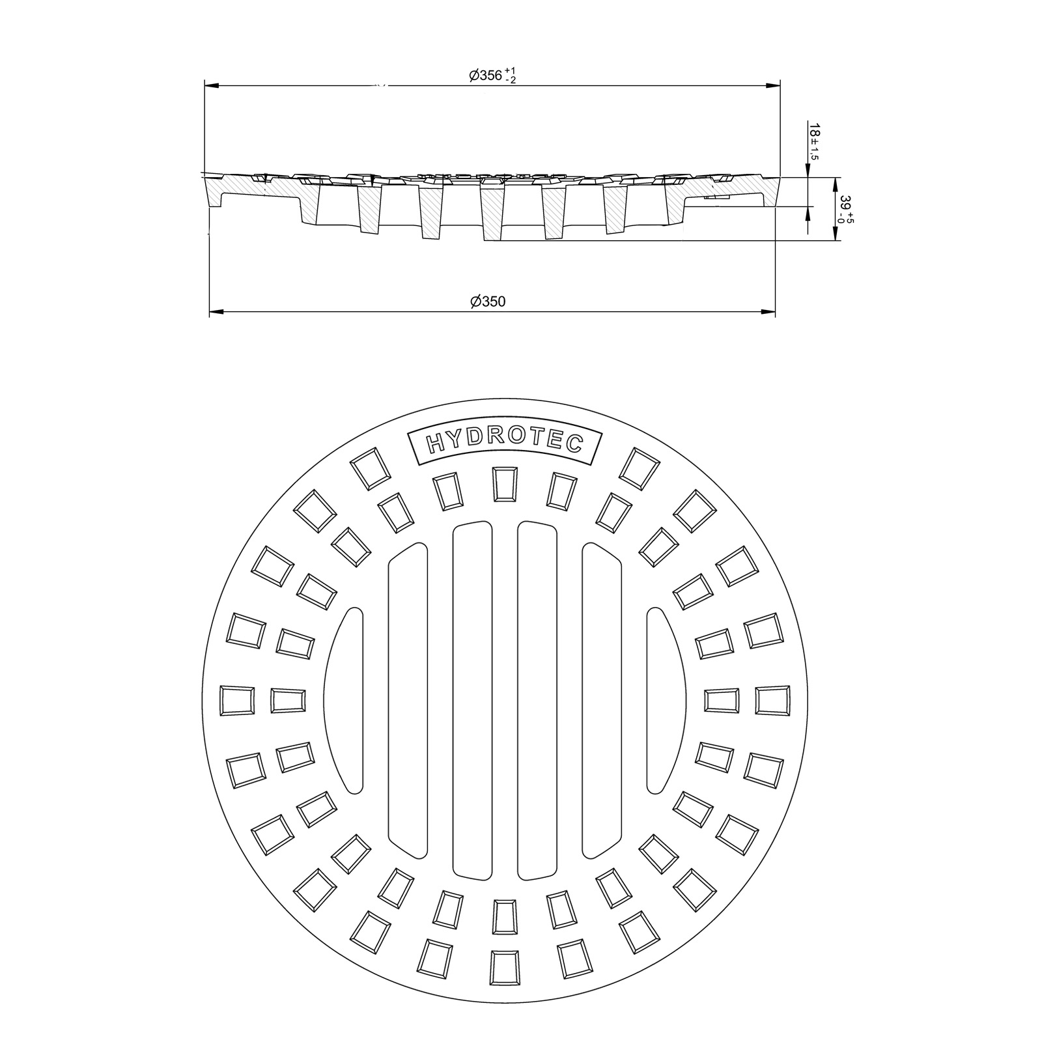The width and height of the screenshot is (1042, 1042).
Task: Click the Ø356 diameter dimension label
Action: click(492, 76)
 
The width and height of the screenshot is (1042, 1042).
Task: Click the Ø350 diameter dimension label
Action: click(488, 302)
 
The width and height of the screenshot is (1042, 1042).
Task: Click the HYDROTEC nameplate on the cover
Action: click(503, 444)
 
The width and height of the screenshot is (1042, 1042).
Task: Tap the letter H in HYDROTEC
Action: click(435, 445)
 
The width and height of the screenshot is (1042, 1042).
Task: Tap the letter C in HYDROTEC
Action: click(573, 445)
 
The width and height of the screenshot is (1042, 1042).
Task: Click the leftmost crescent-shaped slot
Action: click(345, 701)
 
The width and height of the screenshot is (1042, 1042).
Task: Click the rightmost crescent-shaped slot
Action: click(666, 701)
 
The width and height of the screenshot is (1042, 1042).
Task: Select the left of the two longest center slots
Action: click(472, 701)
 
